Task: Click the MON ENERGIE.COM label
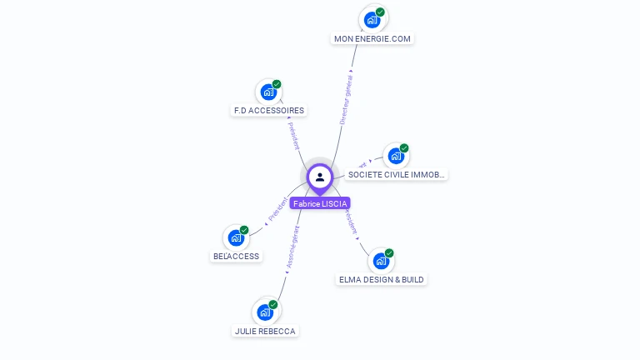(x=372, y=38)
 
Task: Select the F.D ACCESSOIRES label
(x=268, y=110)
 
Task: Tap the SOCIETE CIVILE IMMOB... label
(x=397, y=175)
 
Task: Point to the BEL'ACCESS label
(x=237, y=256)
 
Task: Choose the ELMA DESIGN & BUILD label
(x=382, y=279)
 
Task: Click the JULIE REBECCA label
(x=265, y=331)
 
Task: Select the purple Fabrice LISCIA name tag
(x=320, y=203)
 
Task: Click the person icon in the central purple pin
(x=320, y=177)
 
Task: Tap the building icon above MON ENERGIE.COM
(x=372, y=18)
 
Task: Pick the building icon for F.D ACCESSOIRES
(x=268, y=91)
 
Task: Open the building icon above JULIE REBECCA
(x=265, y=312)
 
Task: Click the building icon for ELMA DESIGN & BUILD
(x=381, y=260)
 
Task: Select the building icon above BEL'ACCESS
(x=236, y=237)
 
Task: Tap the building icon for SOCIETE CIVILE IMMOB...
(x=396, y=156)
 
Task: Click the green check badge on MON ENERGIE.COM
(x=380, y=12)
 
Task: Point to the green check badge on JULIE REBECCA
(x=273, y=304)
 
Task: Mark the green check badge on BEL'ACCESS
(x=244, y=230)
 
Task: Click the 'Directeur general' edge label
(x=346, y=99)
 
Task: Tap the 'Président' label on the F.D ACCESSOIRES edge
(x=294, y=135)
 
